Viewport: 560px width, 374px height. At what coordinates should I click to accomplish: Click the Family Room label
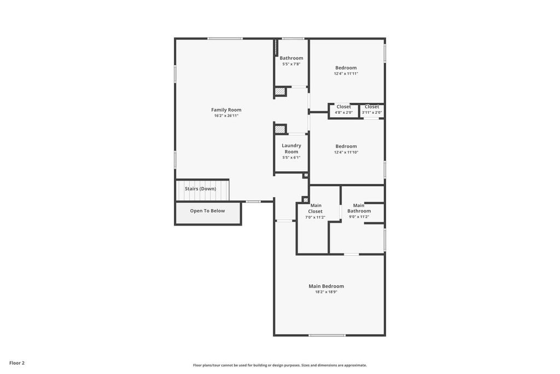[x=226, y=110]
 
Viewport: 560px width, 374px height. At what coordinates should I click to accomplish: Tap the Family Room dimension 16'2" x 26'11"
[x=226, y=116]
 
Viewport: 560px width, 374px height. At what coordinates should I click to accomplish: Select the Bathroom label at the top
[x=291, y=58]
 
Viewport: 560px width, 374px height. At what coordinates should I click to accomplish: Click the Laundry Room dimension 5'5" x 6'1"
[x=291, y=158]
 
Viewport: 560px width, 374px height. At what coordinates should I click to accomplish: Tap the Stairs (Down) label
[x=200, y=189]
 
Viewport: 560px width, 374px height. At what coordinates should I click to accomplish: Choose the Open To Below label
[x=207, y=211]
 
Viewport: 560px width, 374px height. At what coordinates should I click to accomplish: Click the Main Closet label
[x=315, y=209]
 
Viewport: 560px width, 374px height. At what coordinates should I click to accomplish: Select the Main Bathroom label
[x=359, y=208]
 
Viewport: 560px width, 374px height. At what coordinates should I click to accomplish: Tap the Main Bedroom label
[x=326, y=286]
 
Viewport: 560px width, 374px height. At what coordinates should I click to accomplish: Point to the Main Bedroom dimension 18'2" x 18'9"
[x=326, y=292]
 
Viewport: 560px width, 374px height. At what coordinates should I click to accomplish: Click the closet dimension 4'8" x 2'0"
[x=343, y=113]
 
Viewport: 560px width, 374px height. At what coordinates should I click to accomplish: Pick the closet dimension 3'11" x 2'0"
[x=372, y=113]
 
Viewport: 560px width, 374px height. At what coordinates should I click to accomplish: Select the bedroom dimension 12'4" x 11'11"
[x=346, y=74]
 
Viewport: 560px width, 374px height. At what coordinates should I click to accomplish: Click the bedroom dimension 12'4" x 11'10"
[x=346, y=152]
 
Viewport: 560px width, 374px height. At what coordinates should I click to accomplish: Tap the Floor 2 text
[x=17, y=363]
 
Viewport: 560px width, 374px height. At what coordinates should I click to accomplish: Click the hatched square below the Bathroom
[x=280, y=91]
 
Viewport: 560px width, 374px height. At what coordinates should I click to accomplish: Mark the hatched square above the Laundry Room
[x=280, y=129]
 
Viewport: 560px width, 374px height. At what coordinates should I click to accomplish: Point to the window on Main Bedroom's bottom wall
[x=326, y=335]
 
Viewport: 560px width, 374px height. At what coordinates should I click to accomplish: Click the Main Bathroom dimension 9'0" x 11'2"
[x=359, y=217]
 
